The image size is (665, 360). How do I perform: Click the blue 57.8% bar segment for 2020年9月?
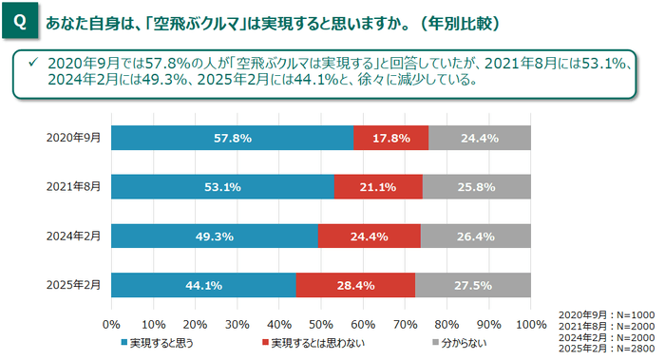232,138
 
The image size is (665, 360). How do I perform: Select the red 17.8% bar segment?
390,138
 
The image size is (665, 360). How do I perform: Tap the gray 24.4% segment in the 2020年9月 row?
479,138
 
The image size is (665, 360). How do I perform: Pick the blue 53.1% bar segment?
222,187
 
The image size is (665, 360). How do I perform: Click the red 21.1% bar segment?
378,187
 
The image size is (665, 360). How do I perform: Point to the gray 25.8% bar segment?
476,187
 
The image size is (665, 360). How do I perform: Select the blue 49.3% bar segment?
215,237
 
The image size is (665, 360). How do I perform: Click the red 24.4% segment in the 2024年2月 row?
369,237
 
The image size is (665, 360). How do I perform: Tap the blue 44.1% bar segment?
203,285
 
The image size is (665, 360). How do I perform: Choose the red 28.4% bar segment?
355,285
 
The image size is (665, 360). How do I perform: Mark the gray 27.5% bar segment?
473,285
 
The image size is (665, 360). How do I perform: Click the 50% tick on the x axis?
321,324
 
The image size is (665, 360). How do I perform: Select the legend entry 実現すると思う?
156,341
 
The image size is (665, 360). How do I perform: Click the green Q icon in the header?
20,20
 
